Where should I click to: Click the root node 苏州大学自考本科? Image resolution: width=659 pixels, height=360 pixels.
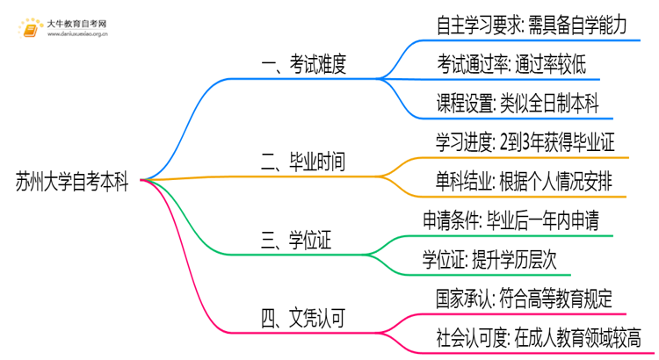click(x=72, y=183)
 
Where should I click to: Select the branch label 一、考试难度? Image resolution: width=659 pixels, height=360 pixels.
click(x=305, y=64)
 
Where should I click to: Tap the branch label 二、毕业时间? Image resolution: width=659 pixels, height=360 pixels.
click(x=305, y=162)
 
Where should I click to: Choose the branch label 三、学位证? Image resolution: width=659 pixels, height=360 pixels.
click(x=299, y=238)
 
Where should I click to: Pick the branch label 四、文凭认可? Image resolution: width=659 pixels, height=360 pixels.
click(x=305, y=318)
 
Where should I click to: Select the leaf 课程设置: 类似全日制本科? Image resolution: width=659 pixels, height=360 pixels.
click(x=518, y=104)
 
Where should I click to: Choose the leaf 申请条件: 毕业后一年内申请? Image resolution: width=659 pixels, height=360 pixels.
click(x=511, y=220)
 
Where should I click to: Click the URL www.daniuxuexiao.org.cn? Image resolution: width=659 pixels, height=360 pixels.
click(x=78, y=36)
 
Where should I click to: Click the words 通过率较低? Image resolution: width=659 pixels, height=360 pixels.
click(x=551, y=64)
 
